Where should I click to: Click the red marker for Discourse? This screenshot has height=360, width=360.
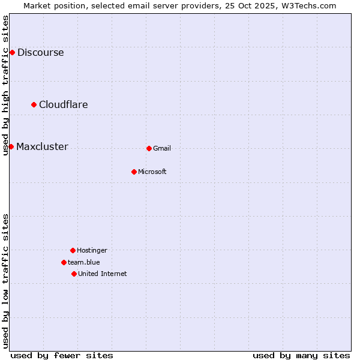click(12, 53)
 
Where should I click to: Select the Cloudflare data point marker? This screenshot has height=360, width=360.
click(34, 105)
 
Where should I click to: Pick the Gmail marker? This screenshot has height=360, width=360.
click(149, 148)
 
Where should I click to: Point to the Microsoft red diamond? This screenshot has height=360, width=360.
click(134, 172)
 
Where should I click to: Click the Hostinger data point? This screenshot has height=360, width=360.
click(73, 250)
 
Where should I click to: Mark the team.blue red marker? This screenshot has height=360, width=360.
click(64, 262)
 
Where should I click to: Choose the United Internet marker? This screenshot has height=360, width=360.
click(74, 274)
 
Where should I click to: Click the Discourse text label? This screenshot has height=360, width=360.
click(41, 53)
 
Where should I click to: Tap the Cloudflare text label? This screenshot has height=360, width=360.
click(64, 105)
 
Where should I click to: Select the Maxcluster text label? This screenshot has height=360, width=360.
click(42, 147)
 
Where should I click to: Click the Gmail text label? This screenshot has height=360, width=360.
click(162, 148)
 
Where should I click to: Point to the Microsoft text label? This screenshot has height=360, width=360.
click(152, 172)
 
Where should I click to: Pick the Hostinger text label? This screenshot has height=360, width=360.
click(92, 250)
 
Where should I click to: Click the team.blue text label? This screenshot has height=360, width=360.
click(84, 262)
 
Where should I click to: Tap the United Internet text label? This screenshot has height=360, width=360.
click(103, 274)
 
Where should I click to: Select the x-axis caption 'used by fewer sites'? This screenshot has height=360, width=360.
click(62, 355)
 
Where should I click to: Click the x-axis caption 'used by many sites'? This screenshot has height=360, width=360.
click(301, 355)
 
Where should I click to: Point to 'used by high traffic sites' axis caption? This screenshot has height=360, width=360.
click(5, 85)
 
